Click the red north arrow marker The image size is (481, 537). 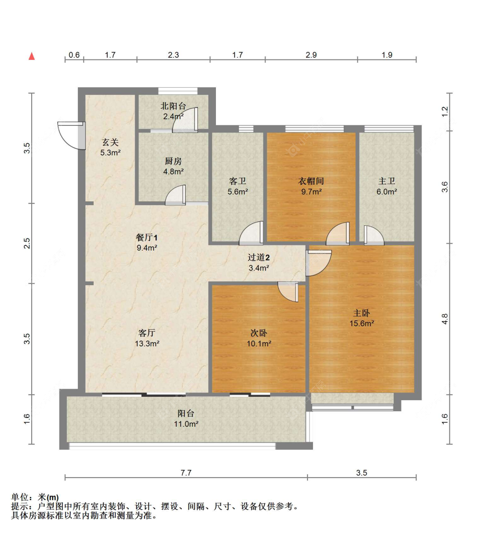point(32,56)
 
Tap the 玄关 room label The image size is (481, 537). point(110,142)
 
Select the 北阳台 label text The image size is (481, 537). point(173,106)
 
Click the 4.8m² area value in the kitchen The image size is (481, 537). point(173,171)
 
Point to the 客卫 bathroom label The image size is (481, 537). point(237,181)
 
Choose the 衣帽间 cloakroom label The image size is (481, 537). point(311,181)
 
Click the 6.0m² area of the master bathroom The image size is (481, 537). point(387,192)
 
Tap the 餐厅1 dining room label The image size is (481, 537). point(147,237)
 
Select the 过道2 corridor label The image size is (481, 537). point(259,257)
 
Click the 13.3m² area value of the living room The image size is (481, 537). point(147,343)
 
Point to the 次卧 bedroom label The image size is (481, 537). point(259,333)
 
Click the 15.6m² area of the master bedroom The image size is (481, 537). point(362,324)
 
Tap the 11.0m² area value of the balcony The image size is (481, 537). point(186,424)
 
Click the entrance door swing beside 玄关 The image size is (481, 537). point(72,136)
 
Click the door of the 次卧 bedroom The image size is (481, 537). point(288,292)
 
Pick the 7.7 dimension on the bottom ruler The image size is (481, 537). point(186,472)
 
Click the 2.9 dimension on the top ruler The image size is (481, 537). point(311,55)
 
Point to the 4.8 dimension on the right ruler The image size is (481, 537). point(445,319)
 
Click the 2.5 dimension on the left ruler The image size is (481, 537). point(27,243)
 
